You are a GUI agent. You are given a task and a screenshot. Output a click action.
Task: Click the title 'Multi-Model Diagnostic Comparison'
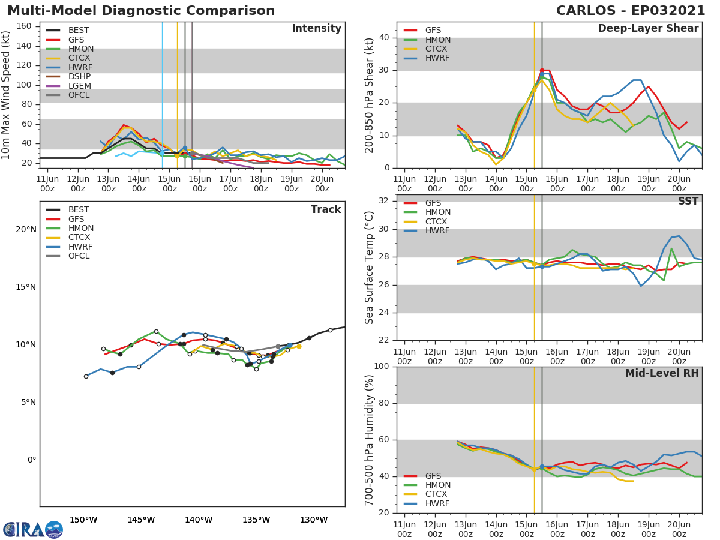click(x=141, y=11)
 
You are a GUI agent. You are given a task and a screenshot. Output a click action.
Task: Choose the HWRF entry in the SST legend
click(x=437, y=231)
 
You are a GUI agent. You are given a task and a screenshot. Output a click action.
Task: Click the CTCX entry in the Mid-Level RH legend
click(x=437, y=494)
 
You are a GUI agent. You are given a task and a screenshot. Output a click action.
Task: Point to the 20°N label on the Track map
click(x=26, y=230)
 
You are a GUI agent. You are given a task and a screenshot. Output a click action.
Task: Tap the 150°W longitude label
click(x=83, y=520)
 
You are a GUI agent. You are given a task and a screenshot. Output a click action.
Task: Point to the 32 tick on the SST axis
click(x=383, y=201)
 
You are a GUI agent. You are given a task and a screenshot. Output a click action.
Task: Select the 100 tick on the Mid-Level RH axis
click(x=380, y=367)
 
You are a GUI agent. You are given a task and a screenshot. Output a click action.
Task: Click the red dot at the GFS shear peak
click(x=542, y=70)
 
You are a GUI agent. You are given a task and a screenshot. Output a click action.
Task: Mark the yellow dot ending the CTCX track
click(x=299, y=346)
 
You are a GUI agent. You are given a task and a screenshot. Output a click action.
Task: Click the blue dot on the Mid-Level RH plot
click(x=542, y=466)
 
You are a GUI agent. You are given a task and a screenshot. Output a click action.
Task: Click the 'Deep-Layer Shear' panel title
click(x=648, y=29)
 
